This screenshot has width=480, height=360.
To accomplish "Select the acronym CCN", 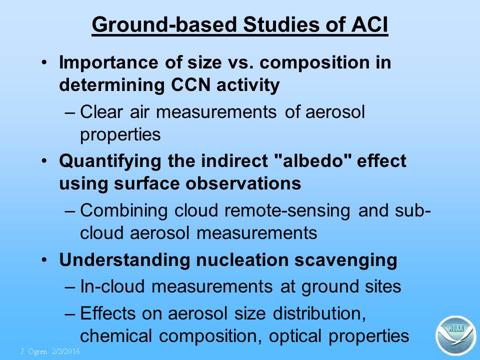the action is pyautogui.click(x=190, y=84).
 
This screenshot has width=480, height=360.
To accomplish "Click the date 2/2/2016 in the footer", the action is pyautogui.click(x=66, y=351).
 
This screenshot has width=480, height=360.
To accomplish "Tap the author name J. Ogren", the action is pyautogui.click(x=34, y=351).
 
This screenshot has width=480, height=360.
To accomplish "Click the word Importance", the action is pyautogui.click(x=108, y=63).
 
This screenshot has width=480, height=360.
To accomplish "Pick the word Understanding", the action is pyautogui.click(x=125, y=260).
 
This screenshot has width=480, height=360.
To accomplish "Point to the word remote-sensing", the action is pyautogui.click(x=287, y=211).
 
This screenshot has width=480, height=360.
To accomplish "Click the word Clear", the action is pyautogui.click(x=101, y=111).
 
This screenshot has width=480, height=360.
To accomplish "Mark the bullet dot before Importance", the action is pyautogui.click(x=44, y=62).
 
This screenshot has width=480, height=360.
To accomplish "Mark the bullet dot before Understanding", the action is pyautogui.click(x=44, y=260).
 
